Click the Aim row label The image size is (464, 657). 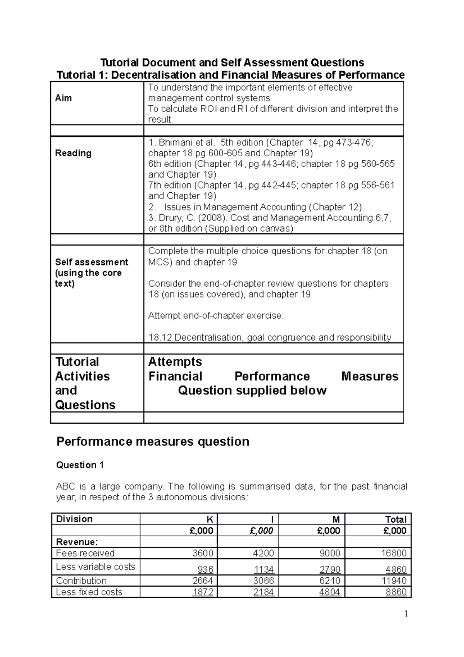63,98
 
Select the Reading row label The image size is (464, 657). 73,153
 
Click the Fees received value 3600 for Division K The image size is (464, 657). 203,553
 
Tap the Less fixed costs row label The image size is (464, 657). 89,592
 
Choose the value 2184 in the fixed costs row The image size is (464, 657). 264,592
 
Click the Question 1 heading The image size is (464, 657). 80,465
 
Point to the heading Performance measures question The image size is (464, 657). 153,441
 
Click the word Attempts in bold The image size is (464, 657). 175,362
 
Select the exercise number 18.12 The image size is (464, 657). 160,337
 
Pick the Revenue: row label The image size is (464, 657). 77,542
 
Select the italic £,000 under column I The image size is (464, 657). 262,530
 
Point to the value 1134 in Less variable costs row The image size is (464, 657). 264,570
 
